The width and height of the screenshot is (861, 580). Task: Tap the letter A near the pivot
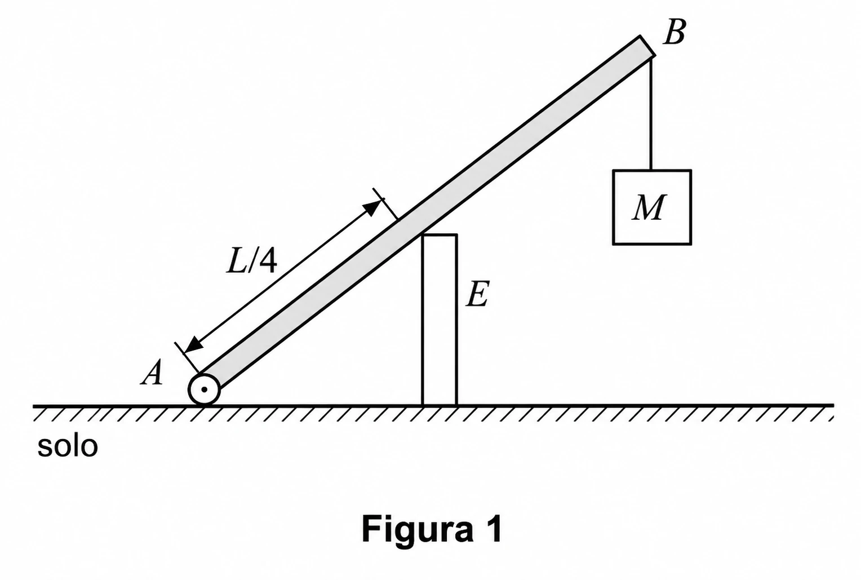(x=153, y=373)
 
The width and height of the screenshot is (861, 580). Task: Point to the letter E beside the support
(x=477, y=294)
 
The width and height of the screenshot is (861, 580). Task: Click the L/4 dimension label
(x=252, y=261)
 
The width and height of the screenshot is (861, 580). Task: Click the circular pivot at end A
(x=204, y=389)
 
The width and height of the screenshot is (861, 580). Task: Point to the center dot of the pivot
(x=204, y=389)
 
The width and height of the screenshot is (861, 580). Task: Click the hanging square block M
(x=652, y=207)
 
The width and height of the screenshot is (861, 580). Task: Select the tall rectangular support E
(x=440, y=320)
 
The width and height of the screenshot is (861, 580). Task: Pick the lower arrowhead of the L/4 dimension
(x=194, y=344)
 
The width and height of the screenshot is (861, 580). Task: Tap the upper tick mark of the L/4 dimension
(x=386, y=204)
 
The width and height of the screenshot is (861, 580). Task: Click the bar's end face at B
(x=647, y=46)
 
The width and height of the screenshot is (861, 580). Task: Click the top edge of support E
(x=440, y=234)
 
